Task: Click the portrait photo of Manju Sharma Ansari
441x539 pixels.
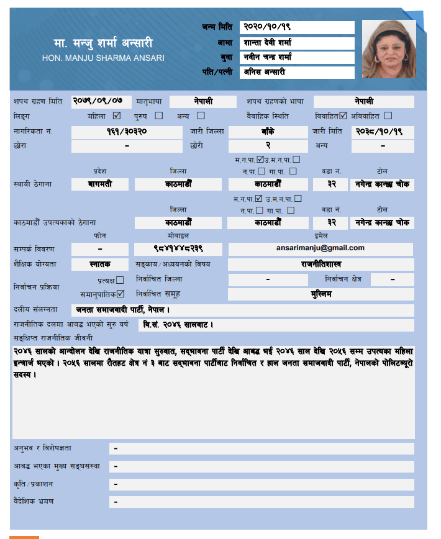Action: pyautogui.click(x=389, y=49)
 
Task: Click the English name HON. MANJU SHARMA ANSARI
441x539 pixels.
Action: pyautogui.click(x=103, y=58)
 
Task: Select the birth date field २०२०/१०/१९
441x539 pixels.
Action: pyautogui.click(x=296, y=27)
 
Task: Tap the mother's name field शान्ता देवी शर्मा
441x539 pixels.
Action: pyautogui.click(x=296, y=43)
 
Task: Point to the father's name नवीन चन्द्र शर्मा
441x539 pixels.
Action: pyautogui.click(x=296, y=57)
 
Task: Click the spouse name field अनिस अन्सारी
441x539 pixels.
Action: pyautogui.click(x=296, y=72)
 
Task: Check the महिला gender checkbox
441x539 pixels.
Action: pyautogui.click(x=117, y=115)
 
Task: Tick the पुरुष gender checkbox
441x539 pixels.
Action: pyautogui.click(x=159, y=115)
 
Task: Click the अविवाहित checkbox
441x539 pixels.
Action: pyautogui.click(x=388, y=115)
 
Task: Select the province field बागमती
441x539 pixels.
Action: pyautogui.click(x=100, y=184)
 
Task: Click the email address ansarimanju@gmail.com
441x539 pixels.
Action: pyautogui.click(x=321, y=248)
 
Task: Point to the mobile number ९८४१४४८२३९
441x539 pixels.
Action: pyautogui.click(x=178, y=248)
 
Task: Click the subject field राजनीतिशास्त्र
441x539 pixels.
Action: pyautogui.click(x=321, y=264)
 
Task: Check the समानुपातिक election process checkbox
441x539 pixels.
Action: pyautogui.click(x=120, y=294)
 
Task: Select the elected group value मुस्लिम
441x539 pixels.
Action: pyautogui.click(x=321, y=294)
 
